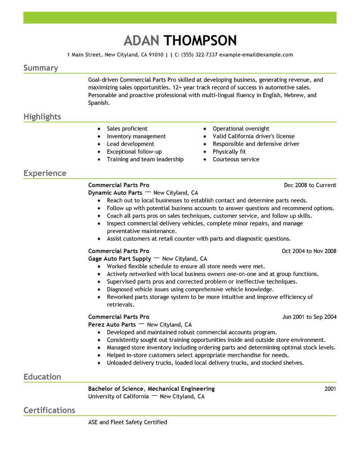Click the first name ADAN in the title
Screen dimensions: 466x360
[142, 41]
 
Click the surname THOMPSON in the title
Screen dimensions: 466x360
[200, 41]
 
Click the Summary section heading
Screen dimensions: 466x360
[40, 68]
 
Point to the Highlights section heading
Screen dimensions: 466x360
[42, 117]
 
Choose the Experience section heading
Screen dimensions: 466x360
[45, 173]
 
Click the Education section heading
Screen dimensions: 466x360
[42, 377]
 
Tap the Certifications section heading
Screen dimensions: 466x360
[49, 410]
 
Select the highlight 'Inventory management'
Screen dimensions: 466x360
[136, 136]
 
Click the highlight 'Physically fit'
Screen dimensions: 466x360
[229, 152]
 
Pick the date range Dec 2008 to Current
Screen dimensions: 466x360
[310, 185]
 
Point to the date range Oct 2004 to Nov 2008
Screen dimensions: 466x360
[309, 251]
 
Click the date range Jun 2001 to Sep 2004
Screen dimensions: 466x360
[309, 317]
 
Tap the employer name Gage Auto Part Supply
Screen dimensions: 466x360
[119, 259]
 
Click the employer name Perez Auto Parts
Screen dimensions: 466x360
[112, 325]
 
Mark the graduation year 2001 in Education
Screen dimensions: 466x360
[330, 389]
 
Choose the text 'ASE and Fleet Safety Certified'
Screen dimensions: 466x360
[127, 422]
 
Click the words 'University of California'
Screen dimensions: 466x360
[118, 397]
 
